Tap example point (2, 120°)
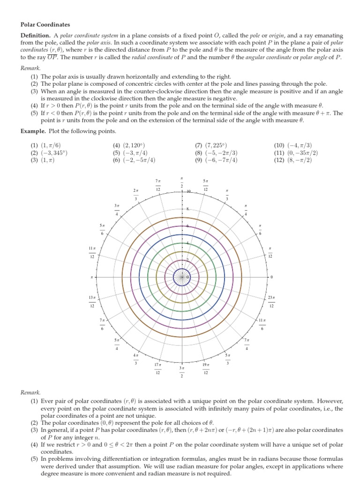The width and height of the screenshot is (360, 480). pyautogui.click(x=129, y=146)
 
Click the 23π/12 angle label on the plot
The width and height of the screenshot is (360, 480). pyautogui.click(x=271, y=301)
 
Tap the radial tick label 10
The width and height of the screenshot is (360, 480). pyautogui.click(x=188, y=192)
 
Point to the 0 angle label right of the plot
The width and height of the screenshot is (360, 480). pyautogui.click(x=271, y=277)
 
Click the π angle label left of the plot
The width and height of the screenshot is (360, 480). pyautogui.click(x=92, y=277)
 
